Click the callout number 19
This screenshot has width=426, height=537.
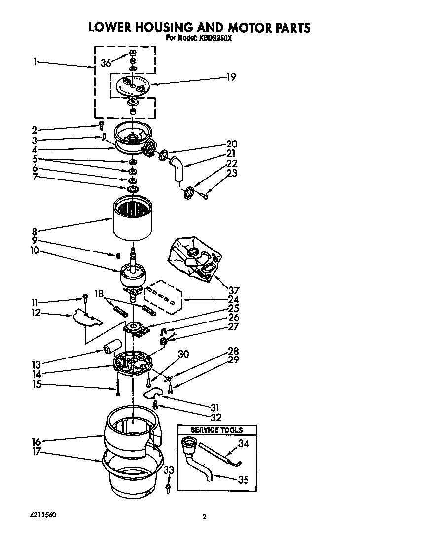point(231,77)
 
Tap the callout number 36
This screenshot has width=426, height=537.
point(105,63)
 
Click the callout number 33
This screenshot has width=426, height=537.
point(169,471)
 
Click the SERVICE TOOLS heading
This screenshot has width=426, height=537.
point(217,430)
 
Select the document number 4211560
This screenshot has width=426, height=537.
point(43,515)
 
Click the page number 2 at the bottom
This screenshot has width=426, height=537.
point(204,517)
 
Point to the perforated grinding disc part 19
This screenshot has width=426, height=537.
point(132,86)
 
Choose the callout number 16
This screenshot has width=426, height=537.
point(35,441)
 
